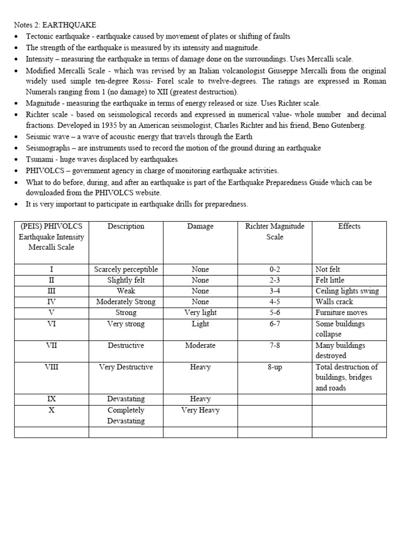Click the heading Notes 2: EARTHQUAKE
tap(55, 25)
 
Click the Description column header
tap(126, 226)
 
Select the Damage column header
tap(200, 226)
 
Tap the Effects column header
tap(349, 226)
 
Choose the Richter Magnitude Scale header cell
tap(275, 232)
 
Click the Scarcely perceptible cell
tap(126, 270)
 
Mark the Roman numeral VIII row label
tap(51, 367)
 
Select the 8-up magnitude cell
tap(275, 367)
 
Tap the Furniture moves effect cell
tap(341, 312)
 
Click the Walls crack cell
tap(334, 302)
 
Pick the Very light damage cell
tap(200, 312)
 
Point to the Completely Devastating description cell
tap(126, 416)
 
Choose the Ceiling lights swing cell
tap(347, 291)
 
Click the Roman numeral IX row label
tap(51, 399)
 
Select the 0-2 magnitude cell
tap(275, 270)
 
